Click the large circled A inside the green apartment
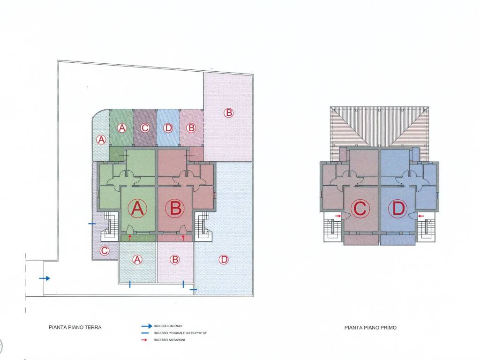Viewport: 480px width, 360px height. coord(137,209)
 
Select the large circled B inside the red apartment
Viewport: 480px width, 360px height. coord(175,209)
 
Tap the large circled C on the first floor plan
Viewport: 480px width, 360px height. coord(360,209)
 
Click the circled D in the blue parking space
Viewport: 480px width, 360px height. coord(168,128)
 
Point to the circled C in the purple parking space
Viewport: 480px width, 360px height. coord(145,128)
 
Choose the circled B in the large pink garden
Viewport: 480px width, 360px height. coord(228,113)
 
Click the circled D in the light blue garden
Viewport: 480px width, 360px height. coord(224,260)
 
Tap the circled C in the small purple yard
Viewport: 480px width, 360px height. coord(105,251)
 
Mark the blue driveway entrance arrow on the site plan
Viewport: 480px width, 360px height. coord(45,278)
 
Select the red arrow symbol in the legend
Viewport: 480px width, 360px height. coord(144,340)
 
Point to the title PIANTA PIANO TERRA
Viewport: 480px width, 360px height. coord(75,327)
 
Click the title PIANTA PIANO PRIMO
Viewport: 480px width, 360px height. coord(370,328)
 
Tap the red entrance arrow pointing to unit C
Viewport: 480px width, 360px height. coord(338,216)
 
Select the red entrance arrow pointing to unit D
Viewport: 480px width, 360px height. coord(421,216)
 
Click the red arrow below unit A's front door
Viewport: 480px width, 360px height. coord(129,237)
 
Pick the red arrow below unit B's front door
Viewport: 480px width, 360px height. coord(183,237)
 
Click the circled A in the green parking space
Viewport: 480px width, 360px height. coord(122,128)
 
